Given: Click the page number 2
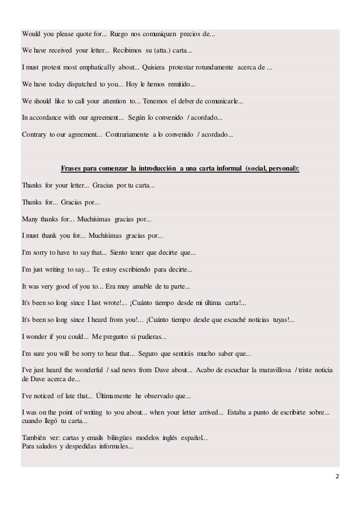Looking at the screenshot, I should [337, 477].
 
